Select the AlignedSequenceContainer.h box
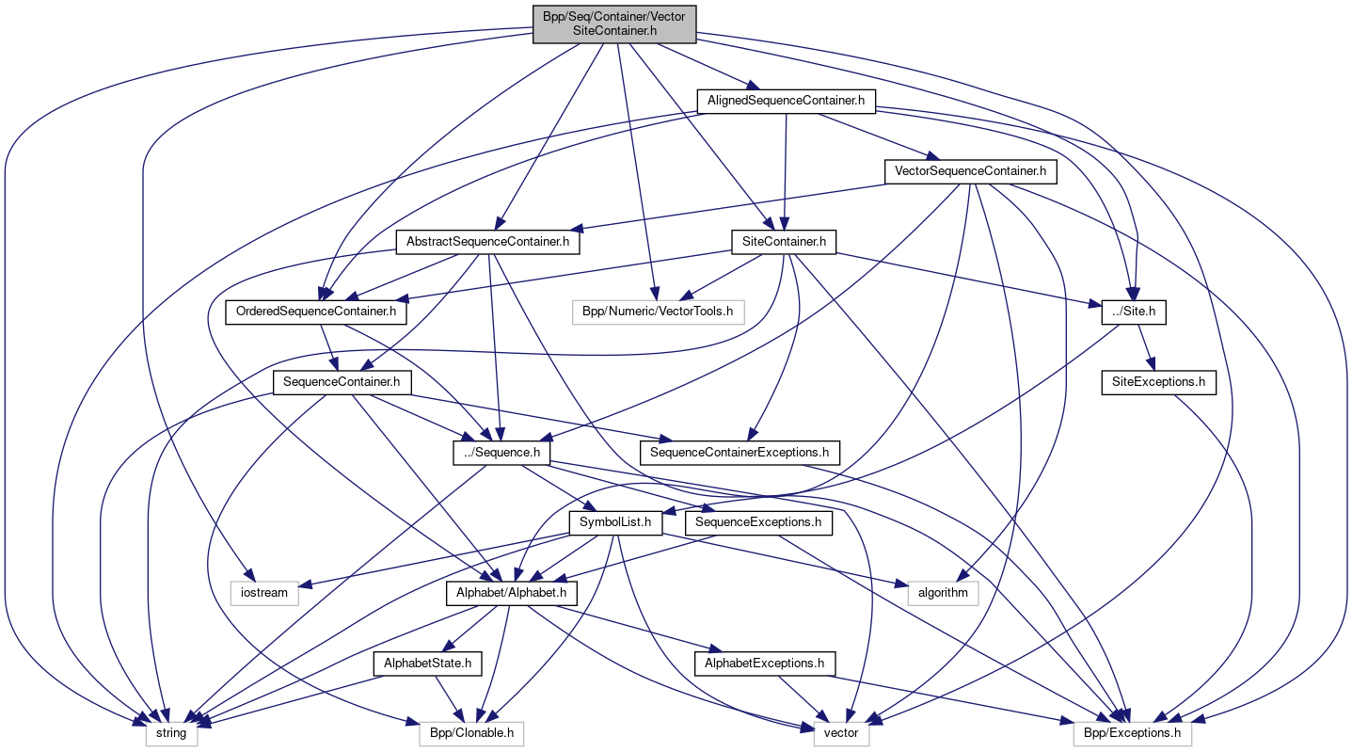786,101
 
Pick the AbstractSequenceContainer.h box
487,242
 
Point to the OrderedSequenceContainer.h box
315,311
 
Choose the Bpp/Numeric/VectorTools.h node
658,311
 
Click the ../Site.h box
1134,311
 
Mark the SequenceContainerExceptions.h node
740,452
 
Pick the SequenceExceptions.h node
760,521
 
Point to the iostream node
265,592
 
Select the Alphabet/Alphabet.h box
511,592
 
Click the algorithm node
943,592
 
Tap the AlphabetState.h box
428,663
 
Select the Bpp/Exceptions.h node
1133,732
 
